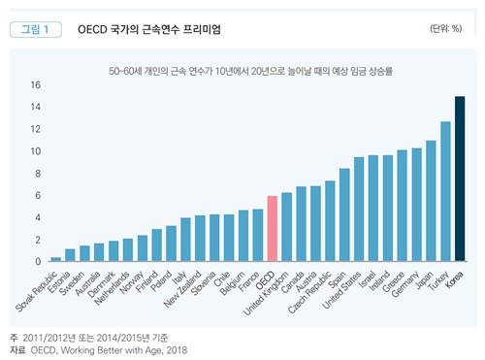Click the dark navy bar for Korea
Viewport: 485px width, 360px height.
[460, 180]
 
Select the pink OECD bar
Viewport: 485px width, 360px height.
[273, 229]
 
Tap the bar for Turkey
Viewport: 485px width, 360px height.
[445, 192]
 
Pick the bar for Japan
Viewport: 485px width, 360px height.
[431, 201]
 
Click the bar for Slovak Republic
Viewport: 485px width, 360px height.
[56, 259]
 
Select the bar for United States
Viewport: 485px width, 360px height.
[359, 209]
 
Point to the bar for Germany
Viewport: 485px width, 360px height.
[416, 205]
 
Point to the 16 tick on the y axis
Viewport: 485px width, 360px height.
[35, 85]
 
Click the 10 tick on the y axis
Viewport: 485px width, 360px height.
[35, 151]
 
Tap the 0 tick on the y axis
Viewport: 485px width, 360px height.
[38, 262]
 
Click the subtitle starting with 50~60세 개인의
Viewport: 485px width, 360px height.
[243, 71]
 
